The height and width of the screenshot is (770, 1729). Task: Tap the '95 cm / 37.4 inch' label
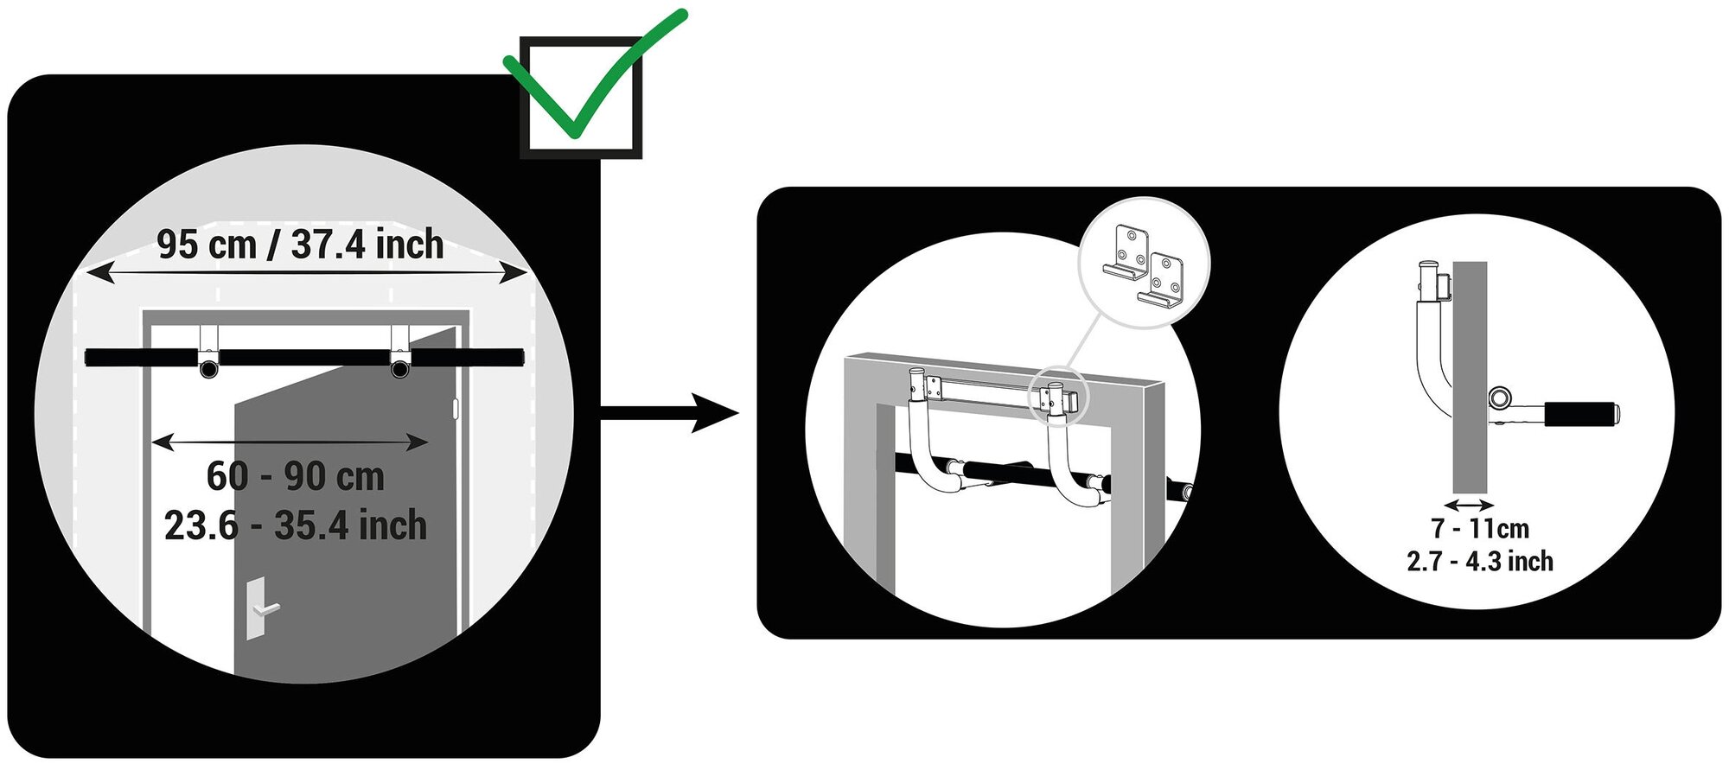[x=300, y=245]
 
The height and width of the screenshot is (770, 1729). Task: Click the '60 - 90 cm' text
[x=295, y=476]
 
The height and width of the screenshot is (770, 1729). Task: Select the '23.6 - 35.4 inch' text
[x=295, y=525]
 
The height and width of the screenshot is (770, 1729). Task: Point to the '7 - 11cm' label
[x=1479, y=528]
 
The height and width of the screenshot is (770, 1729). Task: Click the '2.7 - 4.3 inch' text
[x=1479, y=562]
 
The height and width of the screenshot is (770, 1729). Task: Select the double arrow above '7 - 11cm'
[x=1469, y=505]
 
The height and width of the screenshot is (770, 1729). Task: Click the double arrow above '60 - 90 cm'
[x=290, y=442]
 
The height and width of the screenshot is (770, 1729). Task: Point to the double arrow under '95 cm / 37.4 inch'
[x=306, y=274]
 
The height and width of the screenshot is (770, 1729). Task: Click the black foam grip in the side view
[x=1579, y=414]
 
